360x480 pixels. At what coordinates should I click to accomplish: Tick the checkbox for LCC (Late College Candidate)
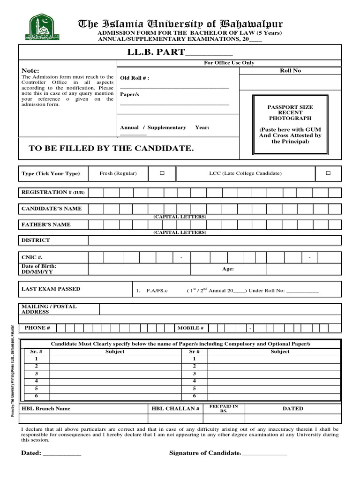(x=328, y=173)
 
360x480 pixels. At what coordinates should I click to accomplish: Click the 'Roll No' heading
(x=290, y=70)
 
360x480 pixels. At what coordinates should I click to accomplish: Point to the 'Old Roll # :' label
(x=135, y=78)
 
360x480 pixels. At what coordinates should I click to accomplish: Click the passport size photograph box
(x=287, y=124)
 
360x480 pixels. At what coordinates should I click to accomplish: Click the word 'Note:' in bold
(x=30, y=70)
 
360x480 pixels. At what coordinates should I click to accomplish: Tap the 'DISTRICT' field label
(x=36, y=240)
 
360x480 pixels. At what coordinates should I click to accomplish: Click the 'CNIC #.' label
(x=32, y=257)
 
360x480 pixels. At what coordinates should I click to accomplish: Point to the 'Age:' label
(x=228, y=269)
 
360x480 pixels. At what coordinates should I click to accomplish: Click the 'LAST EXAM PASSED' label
(x=51, y=289)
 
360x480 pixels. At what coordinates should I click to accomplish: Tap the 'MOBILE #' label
(x=190, y=328)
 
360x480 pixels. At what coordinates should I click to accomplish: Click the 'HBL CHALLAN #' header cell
(x=176, y=409)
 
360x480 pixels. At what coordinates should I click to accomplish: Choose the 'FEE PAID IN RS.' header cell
(x=224, y=408)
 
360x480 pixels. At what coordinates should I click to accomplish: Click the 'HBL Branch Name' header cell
(x=46, y=409)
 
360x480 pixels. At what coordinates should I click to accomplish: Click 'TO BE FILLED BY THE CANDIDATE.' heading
(x=111, y=148)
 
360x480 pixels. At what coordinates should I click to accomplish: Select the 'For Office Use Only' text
(x=229, y=63)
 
